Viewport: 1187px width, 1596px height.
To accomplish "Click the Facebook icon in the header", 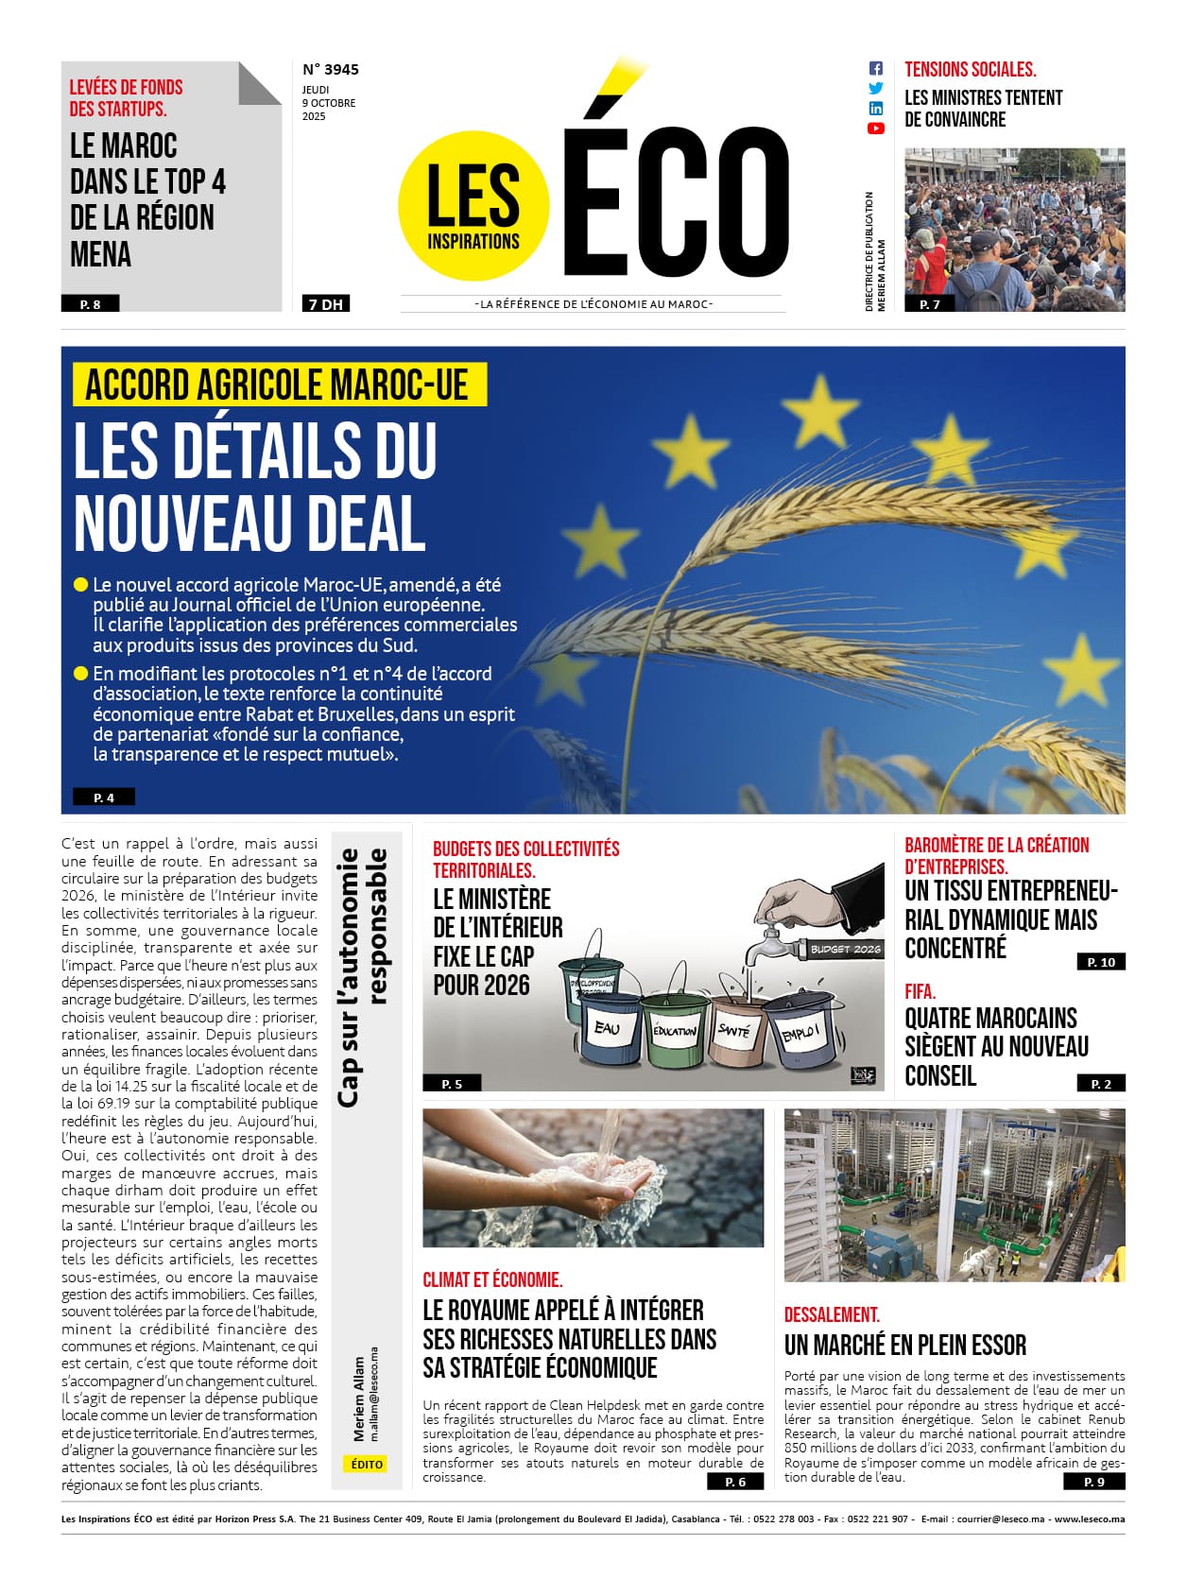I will click(876, 68).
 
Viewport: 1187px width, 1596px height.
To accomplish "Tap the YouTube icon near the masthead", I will click(876, 129).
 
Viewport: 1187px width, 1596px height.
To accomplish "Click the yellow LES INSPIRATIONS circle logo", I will click(473, 206).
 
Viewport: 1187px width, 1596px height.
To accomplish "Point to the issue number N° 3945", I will click(331, 69).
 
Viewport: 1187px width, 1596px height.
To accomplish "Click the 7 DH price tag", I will click(326, 304).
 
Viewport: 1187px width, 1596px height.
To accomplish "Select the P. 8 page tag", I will click(91, 304).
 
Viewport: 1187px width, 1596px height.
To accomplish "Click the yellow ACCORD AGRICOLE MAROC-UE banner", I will click(278, 386).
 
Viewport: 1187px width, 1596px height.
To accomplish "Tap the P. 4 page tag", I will click(104, 798).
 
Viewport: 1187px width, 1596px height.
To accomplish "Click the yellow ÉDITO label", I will click(367, 1464).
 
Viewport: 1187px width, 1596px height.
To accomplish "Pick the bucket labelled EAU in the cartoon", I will click(607, 1029).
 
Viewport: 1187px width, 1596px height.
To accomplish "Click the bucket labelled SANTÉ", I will click(734, 1033).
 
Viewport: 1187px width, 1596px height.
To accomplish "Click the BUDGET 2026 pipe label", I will click(845, 949).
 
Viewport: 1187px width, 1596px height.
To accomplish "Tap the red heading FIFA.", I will click(920, 991).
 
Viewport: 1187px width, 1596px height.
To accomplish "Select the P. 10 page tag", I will click(1101, 962).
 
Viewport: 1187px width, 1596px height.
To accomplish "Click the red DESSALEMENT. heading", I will click(832, 1314).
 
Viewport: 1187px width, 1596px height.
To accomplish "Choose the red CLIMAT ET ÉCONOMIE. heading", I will click(492, 1279).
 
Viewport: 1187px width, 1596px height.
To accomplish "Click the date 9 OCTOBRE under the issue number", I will click(329, 103).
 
